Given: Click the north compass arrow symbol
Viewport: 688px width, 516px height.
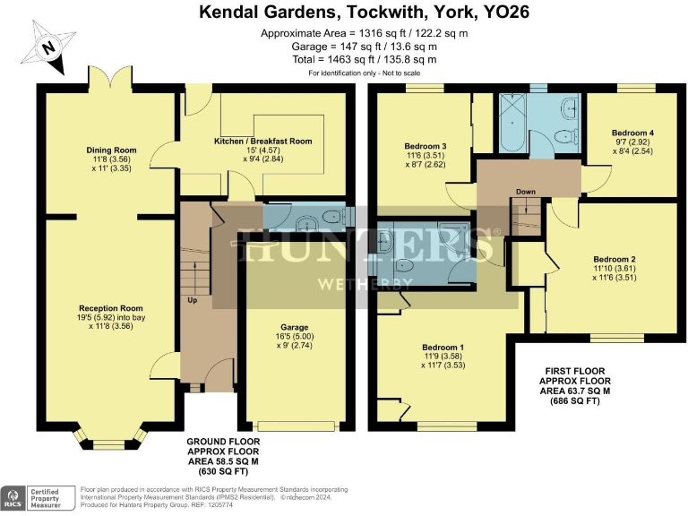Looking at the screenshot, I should tap(51, 50).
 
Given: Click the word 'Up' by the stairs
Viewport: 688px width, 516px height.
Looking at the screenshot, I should tap(192, 299).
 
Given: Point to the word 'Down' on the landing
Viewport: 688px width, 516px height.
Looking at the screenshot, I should tap(526, 191).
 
